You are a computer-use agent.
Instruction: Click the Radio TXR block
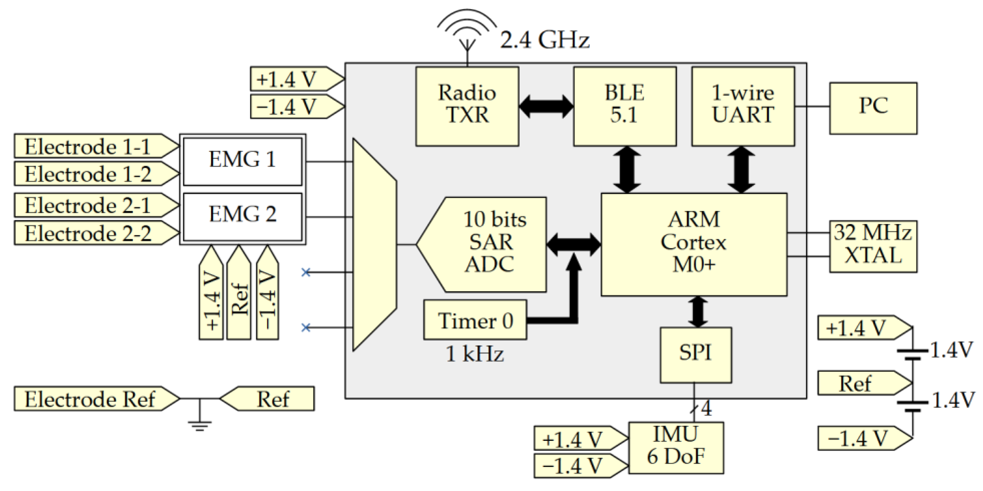[x=467, y=106]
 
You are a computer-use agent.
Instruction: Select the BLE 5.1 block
[x=625, y=106]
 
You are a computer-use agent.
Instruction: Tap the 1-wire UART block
[x=743, y=106]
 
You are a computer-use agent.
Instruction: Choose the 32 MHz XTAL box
[x=873, y=246]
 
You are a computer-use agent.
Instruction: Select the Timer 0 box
[x=475, y=320]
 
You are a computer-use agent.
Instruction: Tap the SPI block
[x=695, y=354]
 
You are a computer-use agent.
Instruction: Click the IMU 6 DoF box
[x=676, y=448]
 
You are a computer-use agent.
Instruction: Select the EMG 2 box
[x=242, y=216]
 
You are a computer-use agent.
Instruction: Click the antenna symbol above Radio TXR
[x=467, y=32]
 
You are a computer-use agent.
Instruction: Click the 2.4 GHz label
[x=544, y=40]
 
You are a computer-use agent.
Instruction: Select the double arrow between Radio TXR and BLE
[x=546, y=106]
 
